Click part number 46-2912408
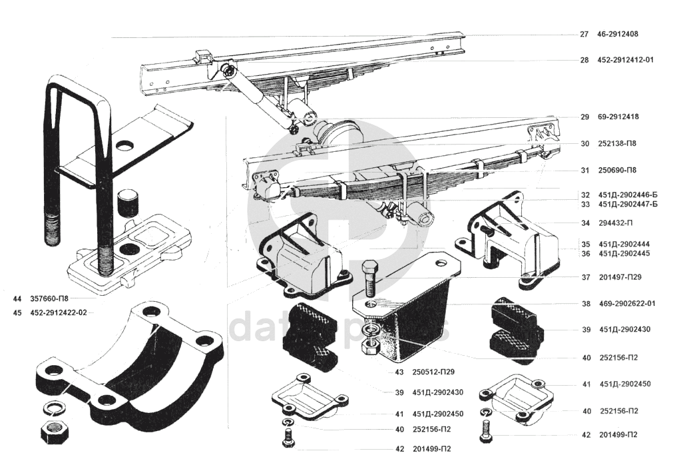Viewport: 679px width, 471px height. [x=617, y=34]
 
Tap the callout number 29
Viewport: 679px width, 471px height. [x=584, y=117]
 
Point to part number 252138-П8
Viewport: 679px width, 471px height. [x=618, y=143]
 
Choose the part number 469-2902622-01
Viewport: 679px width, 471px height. [x=627, y=303]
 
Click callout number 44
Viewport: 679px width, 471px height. [x=17, y=298]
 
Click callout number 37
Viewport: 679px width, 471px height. [x=585, y=277]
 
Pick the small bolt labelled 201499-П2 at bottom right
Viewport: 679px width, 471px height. [x=485, y=432]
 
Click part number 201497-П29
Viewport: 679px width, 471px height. [x=620, y=277]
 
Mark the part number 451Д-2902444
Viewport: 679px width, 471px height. [x=624, y=244]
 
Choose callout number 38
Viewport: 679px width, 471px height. [x=585, y=303]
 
